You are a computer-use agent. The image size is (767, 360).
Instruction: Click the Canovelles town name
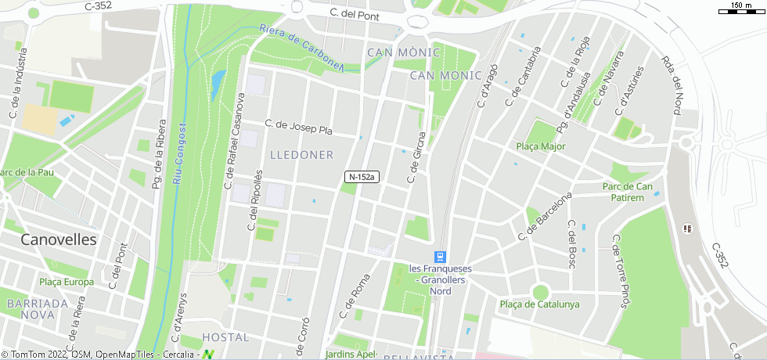(59, 239)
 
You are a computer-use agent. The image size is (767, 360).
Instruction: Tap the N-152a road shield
(361, 178)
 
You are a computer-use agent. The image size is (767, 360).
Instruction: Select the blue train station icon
(441, 257)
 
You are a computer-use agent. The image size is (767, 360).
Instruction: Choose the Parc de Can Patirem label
(628, 192)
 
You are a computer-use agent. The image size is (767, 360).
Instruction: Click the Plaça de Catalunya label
(539, 304)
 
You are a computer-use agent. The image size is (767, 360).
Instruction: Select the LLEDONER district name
(301, 155)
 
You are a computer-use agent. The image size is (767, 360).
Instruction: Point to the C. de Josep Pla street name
(298, 127)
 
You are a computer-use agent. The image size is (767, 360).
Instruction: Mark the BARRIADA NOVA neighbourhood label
(36, 308)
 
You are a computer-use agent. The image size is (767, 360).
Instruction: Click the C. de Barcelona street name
(546, 216)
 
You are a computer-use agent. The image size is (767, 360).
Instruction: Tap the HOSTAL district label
(225, 337)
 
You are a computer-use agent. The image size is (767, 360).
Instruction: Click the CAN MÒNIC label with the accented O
(404, 52)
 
